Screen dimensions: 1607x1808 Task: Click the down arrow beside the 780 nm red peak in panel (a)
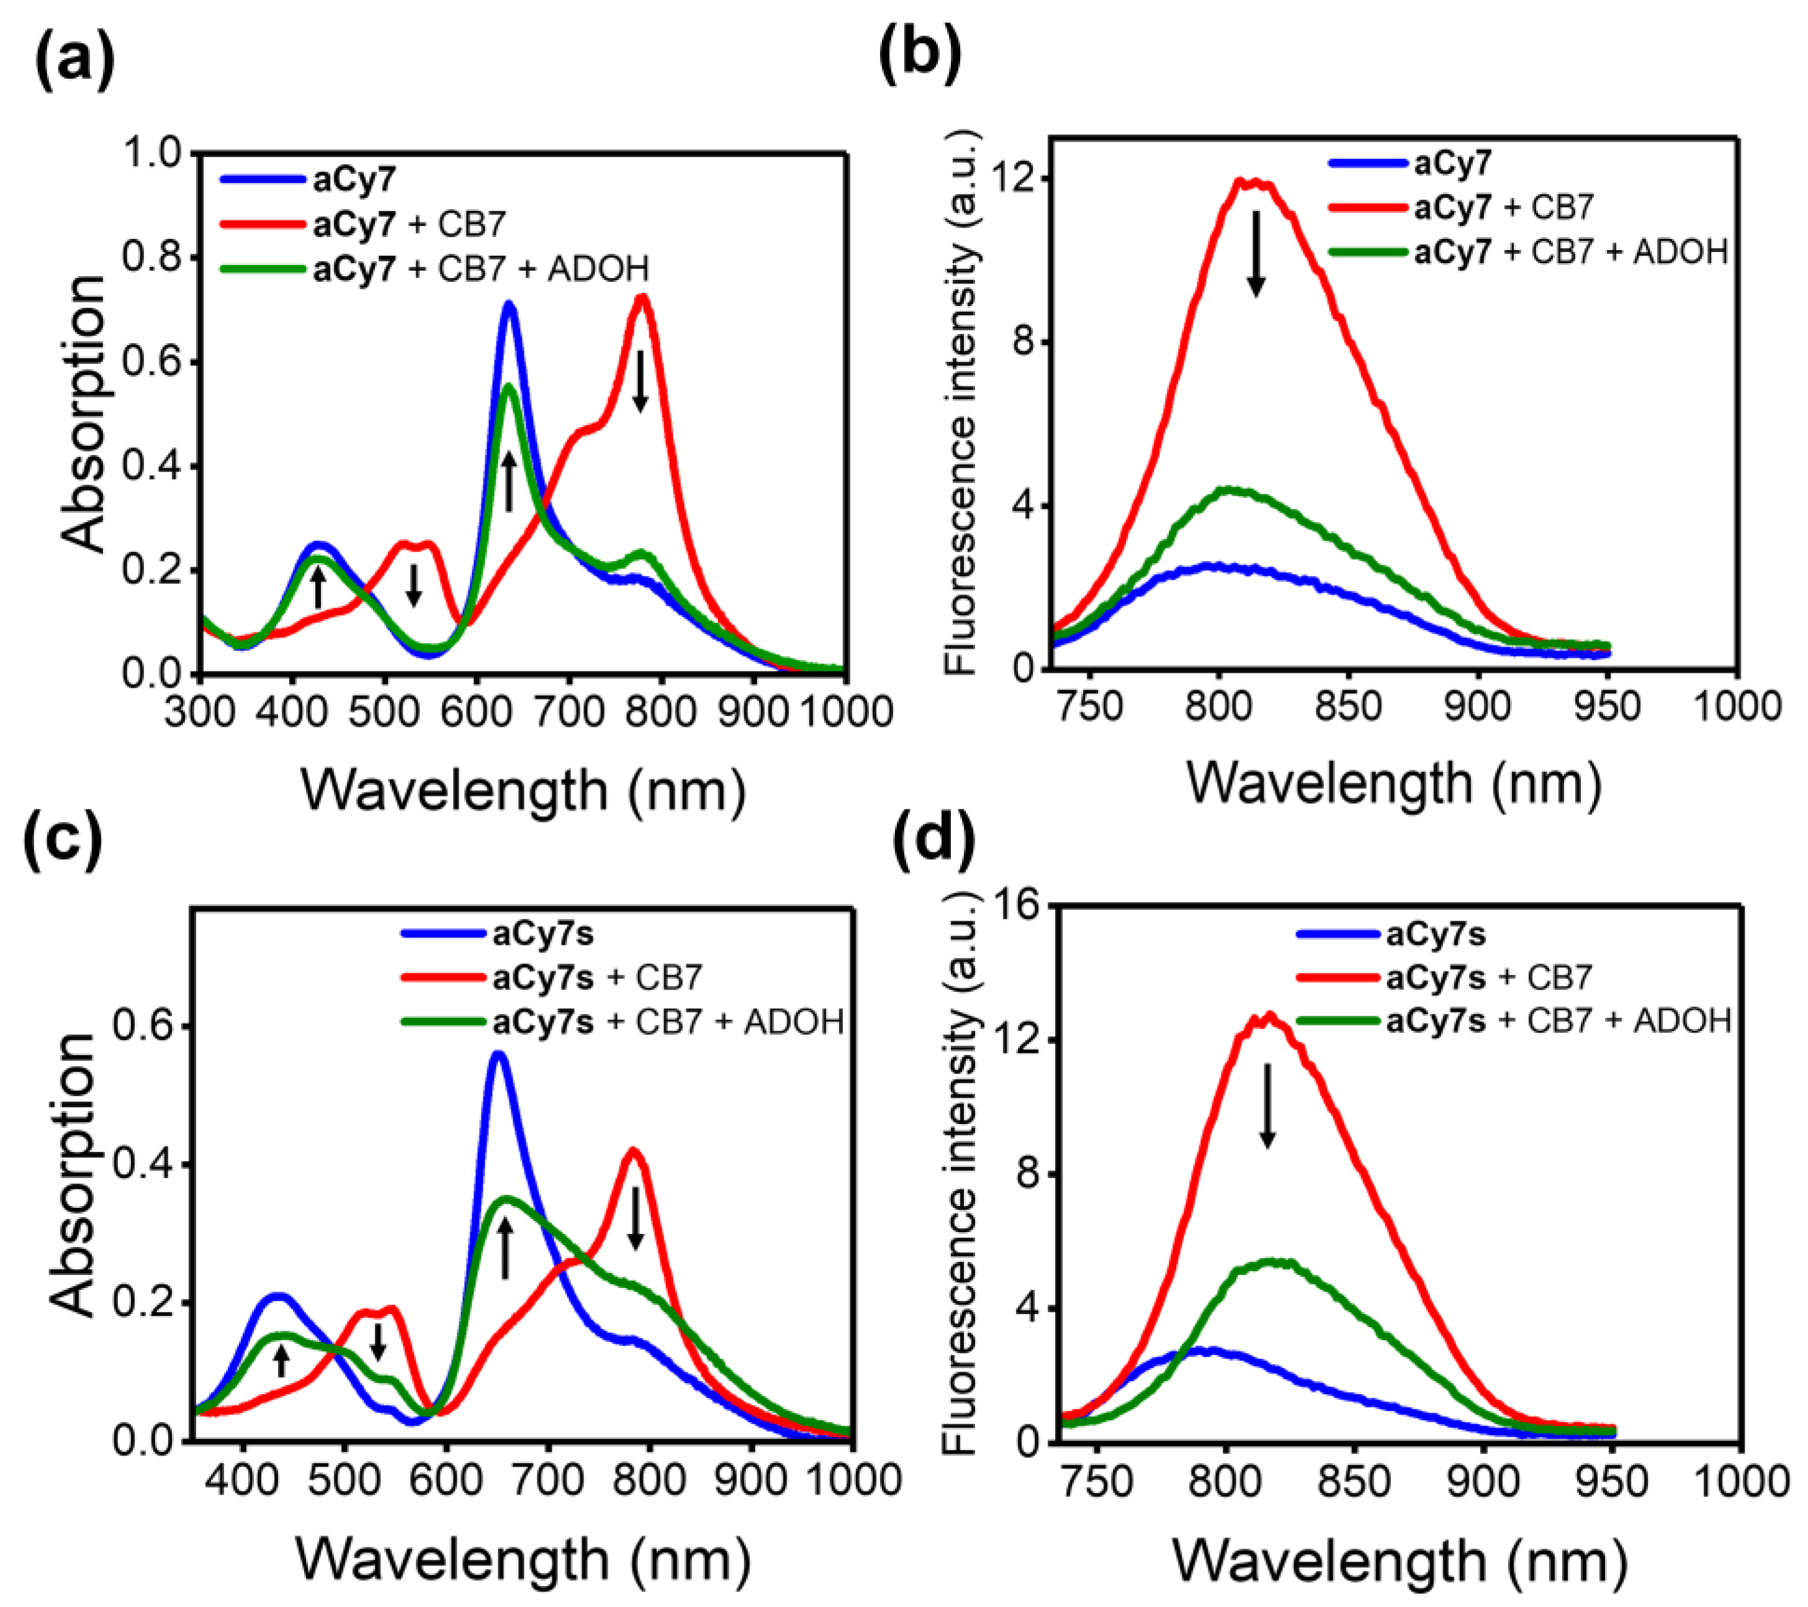(641, 380)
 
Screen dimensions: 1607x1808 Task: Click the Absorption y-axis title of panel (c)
(73, 1176)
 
